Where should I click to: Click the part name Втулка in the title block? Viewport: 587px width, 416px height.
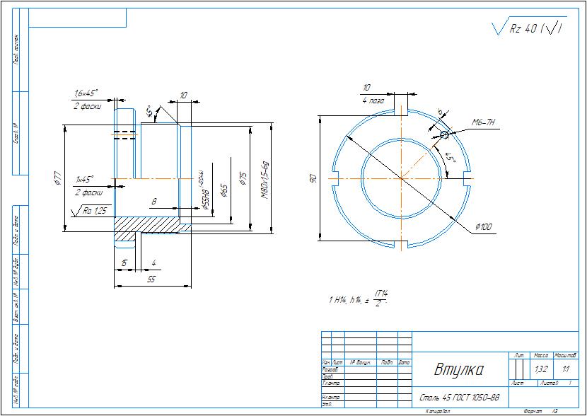458,370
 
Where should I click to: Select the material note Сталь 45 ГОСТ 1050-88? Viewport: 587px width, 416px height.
460,398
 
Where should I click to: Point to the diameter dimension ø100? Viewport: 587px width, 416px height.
484,226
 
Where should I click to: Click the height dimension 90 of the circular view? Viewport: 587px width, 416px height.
313,180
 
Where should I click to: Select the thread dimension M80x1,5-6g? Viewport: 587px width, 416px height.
265,178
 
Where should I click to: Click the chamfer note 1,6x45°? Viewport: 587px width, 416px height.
86,93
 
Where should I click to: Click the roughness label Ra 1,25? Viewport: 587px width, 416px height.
94,210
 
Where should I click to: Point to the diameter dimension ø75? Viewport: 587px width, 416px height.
243,178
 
